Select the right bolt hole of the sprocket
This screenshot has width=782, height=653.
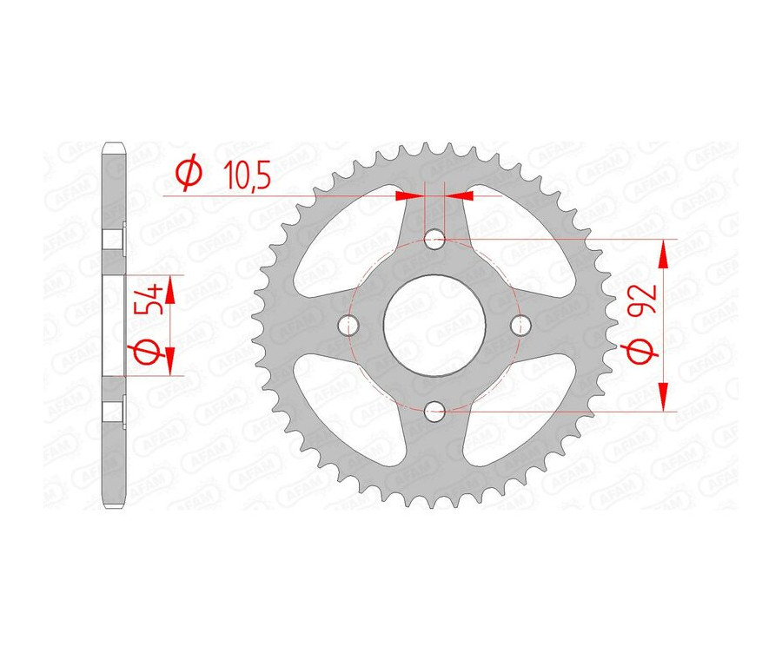tap(522, 325)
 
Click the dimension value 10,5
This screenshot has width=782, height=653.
tap(247, 176)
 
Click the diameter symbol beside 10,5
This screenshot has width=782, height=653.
tap(189, 175)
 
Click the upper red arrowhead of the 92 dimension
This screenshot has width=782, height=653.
tap(665, 254)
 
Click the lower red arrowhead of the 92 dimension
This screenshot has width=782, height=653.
tap(665, 395)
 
